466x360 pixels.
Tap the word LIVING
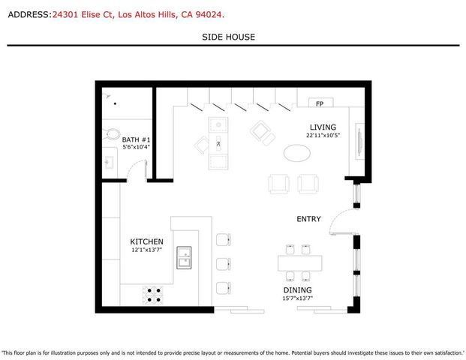point(323,127)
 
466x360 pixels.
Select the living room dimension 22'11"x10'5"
point(323,136)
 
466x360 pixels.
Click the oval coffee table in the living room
point(297,153)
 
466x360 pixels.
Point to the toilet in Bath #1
point(112,135)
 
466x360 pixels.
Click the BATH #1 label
point(137,139)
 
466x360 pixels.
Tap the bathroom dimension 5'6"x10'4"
point(137,148)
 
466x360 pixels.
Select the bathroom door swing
point(135,172)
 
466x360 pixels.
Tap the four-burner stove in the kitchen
point(154,295)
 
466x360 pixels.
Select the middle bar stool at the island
point(224,264)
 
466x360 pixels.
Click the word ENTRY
point(308,219)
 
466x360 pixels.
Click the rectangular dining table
point(299,263)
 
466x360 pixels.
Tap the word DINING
point(297,290)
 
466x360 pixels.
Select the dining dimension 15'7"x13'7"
point(297,298)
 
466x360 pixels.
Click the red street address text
point(139,13)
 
